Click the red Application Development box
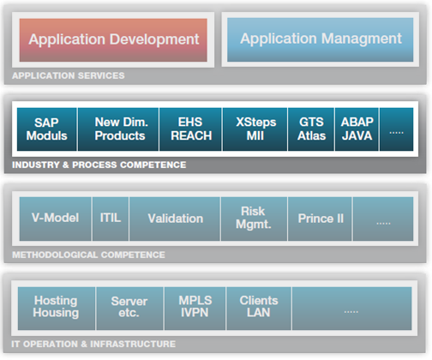(x=113, y=40)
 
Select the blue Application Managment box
(x=321, y=39)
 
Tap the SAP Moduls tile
(x=47, y=129)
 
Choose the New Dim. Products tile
(x=118, y=129)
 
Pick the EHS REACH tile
(x=190, y=129)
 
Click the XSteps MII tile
(x=255, y=129)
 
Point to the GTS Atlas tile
(x=311, y=129)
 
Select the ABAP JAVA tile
(x=357, y=129)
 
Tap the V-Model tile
(x=56, y=219)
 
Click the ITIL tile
(x=111, y=219)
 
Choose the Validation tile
(x=175, y=219)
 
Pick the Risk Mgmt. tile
(x=254, y=219)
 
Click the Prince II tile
(x=320, y=219)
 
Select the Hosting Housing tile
(x=57, y=309)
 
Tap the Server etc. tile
(x=129, y=309)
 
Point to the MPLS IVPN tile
(x=195, y=309)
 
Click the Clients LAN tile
(x=259, y=309)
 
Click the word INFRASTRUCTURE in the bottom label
(x=133, y=344)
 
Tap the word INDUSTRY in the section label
(x=35, y=165)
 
